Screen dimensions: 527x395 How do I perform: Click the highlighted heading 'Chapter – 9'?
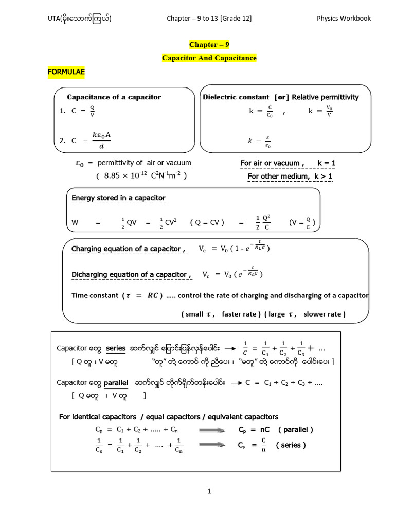(209, 45)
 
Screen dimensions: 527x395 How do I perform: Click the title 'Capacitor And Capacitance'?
(209, 58)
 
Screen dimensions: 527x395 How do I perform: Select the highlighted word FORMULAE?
(66, 73)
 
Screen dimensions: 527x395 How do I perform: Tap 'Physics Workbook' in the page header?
(344, 19)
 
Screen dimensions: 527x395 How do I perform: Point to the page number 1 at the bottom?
(209, 491)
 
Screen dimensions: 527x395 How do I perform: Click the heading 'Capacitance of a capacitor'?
(114, 97)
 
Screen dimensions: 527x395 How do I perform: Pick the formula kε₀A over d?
(101, 139)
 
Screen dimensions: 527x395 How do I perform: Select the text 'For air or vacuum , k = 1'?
(288, 163)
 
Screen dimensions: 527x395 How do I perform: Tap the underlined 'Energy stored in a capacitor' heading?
(118, 198)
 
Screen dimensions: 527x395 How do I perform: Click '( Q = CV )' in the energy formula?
(207, 223)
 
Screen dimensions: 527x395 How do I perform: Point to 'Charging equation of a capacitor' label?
(128, 249)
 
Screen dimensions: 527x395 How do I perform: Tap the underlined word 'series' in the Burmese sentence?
(116, 348)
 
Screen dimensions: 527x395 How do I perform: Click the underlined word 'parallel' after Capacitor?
(116, 383)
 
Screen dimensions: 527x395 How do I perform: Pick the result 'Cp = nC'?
(254, 429)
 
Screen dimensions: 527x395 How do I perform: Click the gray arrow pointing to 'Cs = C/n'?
(208, 445)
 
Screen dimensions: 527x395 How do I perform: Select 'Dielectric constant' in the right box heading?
(236, 97)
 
